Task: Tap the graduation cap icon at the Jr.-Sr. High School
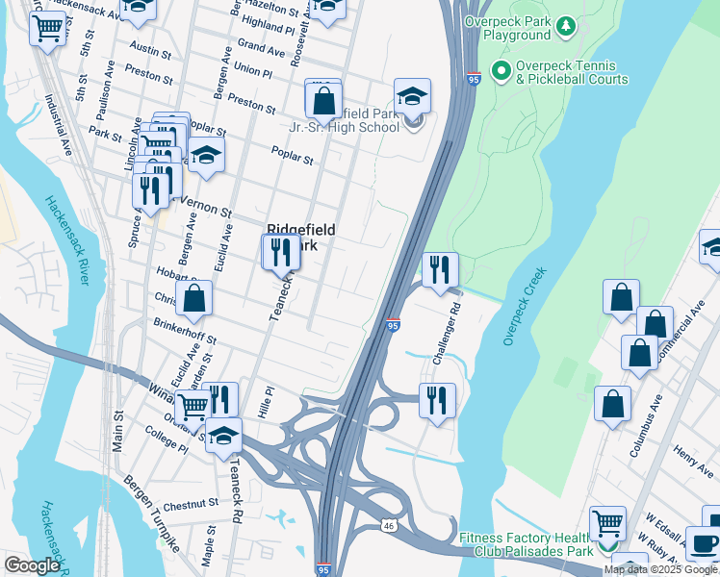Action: coord(412,98)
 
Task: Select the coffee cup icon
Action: coord(703,544)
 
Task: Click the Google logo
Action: coord(32,564)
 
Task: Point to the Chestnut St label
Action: coord(192,504)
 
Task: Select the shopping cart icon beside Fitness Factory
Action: coord(607,525)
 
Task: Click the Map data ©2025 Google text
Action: coord(661,569)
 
